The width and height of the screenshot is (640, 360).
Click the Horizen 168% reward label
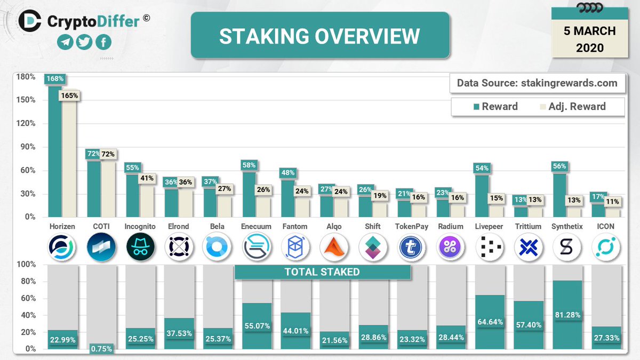tap(55, 79)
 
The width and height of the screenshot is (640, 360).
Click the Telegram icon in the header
tap(66, 42)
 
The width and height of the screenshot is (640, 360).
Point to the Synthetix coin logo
tap(567, 246)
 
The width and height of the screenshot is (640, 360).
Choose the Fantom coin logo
tap(295, 246)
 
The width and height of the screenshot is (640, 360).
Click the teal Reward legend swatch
tap(476, 106)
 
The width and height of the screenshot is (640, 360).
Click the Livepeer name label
tap(489, 226)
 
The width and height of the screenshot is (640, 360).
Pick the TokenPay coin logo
tap(412, 246)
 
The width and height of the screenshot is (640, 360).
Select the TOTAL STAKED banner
tap(322, 272)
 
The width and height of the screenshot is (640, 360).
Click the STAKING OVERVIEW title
tap(319, 36)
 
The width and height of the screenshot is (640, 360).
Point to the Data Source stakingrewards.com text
tap(537, 83)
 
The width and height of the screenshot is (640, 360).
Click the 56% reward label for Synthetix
tap(559, 166)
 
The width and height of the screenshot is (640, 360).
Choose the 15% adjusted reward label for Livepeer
tap(497, 198)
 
